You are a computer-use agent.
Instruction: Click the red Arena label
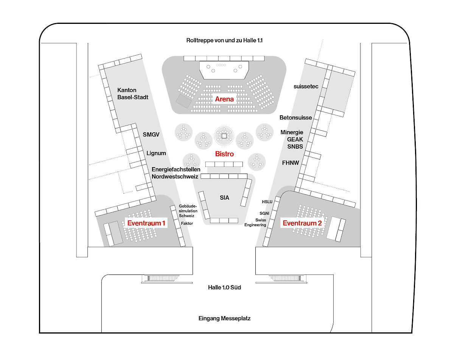pos(225,99)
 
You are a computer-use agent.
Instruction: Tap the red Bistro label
pos(224,154)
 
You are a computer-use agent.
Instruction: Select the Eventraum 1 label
pos(146,223)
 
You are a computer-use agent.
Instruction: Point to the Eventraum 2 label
pos(302,223)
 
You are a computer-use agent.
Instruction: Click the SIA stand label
pos(224,197)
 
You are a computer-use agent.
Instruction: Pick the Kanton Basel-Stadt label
pos(133,93)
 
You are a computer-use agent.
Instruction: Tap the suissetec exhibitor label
pos(306,86)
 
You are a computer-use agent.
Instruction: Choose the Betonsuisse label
pos(296,118)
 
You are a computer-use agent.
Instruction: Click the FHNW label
pos(291,163)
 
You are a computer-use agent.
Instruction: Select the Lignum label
pos(156,153)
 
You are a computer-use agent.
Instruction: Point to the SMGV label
pos(152,134)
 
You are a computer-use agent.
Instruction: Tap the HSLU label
pos(267,202)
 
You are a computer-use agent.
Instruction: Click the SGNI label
pos(264,213)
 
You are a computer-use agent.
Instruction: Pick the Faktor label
pos(187,223)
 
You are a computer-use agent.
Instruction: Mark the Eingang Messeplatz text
pos(224,318)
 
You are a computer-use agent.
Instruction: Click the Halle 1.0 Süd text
pos(224,287)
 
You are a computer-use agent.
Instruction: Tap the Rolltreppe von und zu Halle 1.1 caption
pos(224,40)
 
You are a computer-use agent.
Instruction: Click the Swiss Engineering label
pos(261,222)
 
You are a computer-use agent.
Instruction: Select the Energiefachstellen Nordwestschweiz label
pos(176,173)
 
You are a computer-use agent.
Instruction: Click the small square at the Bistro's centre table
pos(224,135)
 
